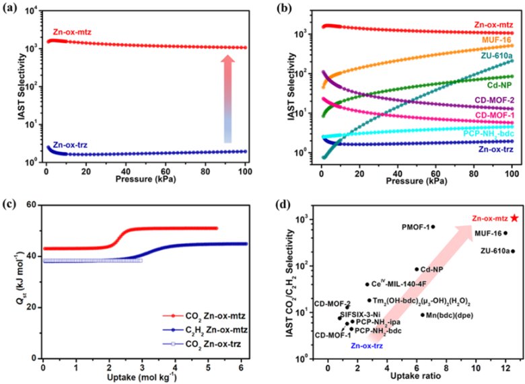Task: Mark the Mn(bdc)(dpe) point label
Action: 448,315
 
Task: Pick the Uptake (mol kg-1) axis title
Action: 145,377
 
